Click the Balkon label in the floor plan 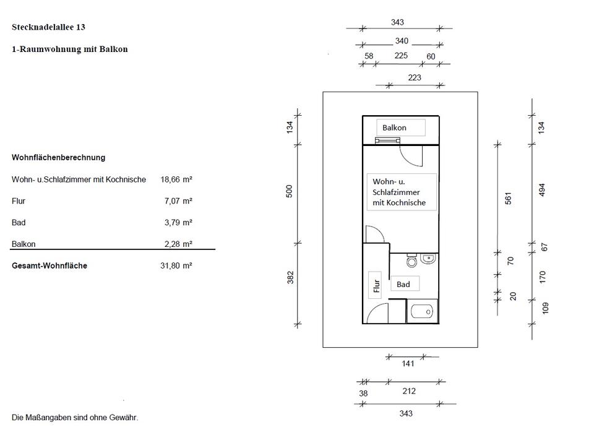click(394, 128)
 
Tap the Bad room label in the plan click(403, 285)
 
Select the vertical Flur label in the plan click(375, 286)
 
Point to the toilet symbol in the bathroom click(412, 262)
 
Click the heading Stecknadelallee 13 click(48, 27)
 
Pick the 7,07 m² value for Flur click(178, 201)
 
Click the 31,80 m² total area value click(176, 266)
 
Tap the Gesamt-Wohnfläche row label click(49, 266)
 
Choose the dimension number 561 click(509, 198)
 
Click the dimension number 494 click(543, 190)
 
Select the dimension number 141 click(408, 364)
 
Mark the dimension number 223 click(414, 77)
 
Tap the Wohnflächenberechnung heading click(58, 158)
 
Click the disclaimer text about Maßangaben click(75, 418)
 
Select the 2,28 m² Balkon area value click(178, 244)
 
